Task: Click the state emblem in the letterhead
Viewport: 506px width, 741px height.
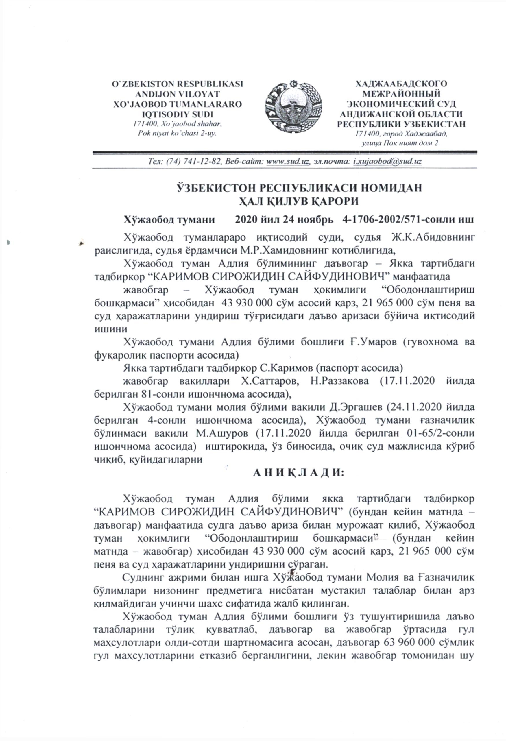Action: [293, 107]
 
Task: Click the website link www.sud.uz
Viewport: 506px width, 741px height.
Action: [288, 161]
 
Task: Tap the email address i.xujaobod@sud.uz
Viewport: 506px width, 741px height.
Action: [387, 161]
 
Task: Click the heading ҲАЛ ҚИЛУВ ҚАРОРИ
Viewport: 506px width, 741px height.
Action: [299, 202]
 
